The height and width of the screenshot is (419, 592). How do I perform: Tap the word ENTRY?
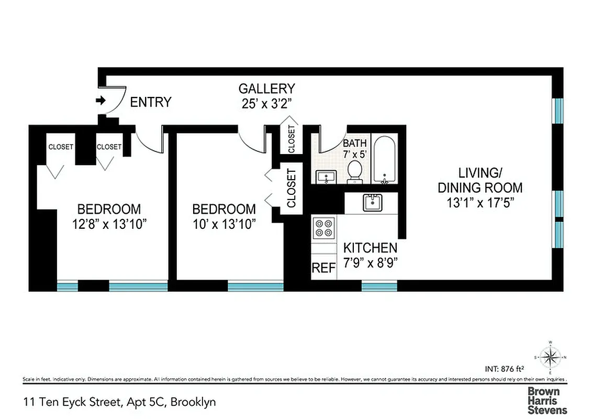pyautogui.click(x=150, y=102)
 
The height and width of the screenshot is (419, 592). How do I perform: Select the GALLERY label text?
pyautogui.click(x=266, y=89)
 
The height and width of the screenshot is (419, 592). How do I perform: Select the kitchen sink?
pyautogui.click(x=373, y=202)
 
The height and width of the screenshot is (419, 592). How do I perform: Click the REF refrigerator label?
pyautogui.click(x=323, y=268)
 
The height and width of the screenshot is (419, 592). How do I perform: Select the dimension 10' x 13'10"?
pyautogui.click(x=224, y=224)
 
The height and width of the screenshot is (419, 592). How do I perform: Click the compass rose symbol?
pyautogui.click(x=550, y=358)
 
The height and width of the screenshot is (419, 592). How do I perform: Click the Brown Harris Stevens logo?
pyautogui.click(x=546, y=401)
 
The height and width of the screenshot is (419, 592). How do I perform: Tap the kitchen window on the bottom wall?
pyautogui.click(x=379, y=286)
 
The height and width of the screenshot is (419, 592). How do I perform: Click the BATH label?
pyautogui.click(x=355, y=143)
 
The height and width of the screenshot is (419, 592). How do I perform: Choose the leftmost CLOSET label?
pyautogui.click(x=61, y=147)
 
